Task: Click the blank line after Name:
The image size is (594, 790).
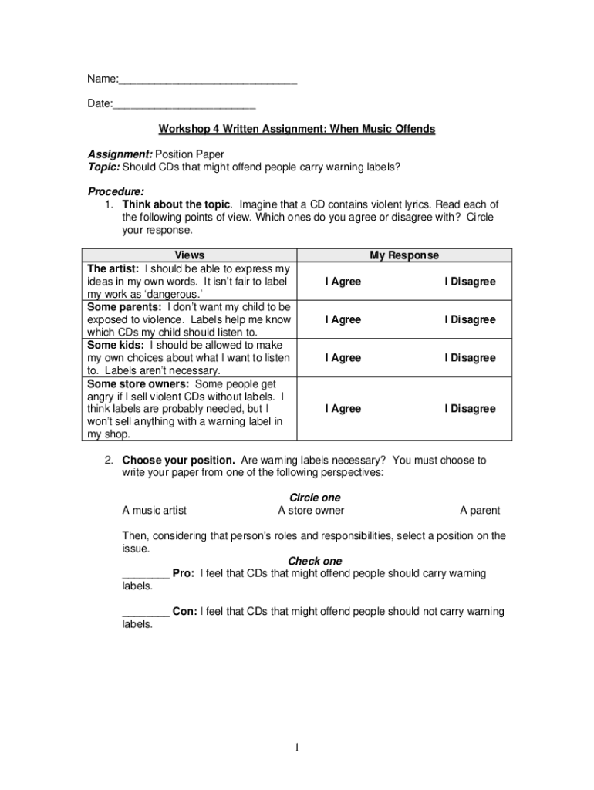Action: (208, 79)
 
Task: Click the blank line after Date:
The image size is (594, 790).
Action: (184, 104)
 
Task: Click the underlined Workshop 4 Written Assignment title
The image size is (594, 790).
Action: (297, 129)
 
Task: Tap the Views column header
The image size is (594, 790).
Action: (190, 255)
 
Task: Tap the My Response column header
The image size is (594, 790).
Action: (404, 255)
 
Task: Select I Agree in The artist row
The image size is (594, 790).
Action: (343, 282)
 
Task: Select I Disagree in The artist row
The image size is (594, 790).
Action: (469, 282)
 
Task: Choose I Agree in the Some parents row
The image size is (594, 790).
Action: (343, 319)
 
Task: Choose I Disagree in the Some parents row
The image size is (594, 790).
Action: (469, 319)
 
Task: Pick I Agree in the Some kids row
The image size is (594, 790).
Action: (343, 358)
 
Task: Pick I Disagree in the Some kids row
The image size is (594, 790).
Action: (469, 358)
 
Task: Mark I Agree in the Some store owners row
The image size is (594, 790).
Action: (343, 409)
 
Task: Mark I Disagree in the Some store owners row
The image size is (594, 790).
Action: (469, 409)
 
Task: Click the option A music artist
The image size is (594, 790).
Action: (154, 510)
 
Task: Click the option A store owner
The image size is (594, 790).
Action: (311, 510)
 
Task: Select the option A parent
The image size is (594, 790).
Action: (480, 510)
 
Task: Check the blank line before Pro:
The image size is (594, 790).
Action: (146, 575)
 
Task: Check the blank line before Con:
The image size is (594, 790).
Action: (146, 613)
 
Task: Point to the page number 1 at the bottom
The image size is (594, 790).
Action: (296, 747)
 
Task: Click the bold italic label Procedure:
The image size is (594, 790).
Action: (116, 191)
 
